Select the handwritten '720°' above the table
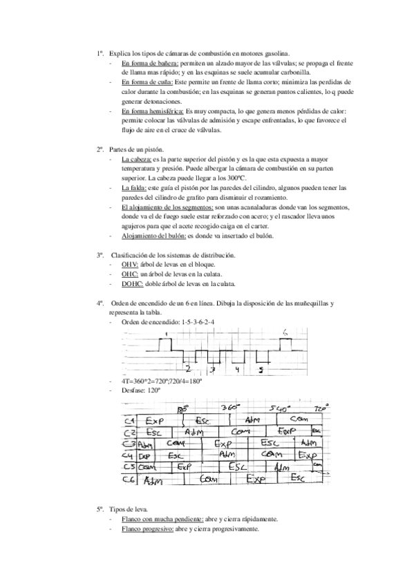pyautogui.click(x=319, y=408)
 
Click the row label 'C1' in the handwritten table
pyautogui.click(x=129, y=421)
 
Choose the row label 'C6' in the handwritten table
pyautogui.click(x=129, y=479)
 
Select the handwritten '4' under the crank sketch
pyautogui.click(x=236, y=370)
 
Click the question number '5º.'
pyautogui.click(x=101, y=508)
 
